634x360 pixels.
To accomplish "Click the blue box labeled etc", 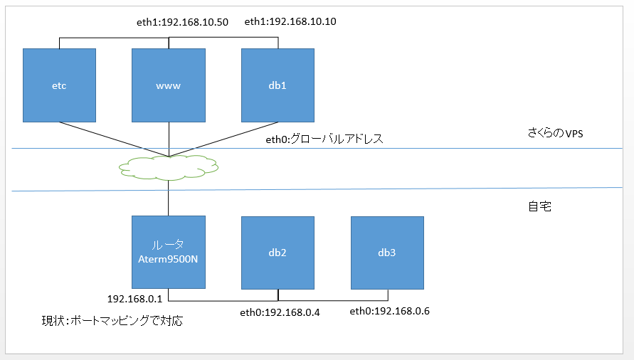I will click(59, 85).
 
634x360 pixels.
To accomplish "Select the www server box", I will click(168, 85).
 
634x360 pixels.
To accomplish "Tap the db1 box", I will click(278, 85).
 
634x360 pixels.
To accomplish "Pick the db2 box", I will click(278, 253).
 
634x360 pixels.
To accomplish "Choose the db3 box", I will click(387, 253).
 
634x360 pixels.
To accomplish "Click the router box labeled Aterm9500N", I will click(169, 253).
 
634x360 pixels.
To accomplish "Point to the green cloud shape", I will click(168, 167).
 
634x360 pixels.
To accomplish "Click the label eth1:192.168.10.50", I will click(182, 22).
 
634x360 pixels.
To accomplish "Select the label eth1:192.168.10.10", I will click(290, 22).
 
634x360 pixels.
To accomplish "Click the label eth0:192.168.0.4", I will click(280, 312).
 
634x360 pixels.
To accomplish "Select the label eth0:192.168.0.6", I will click(389, 312).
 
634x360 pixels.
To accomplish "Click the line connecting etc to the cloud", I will click(114, 139).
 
